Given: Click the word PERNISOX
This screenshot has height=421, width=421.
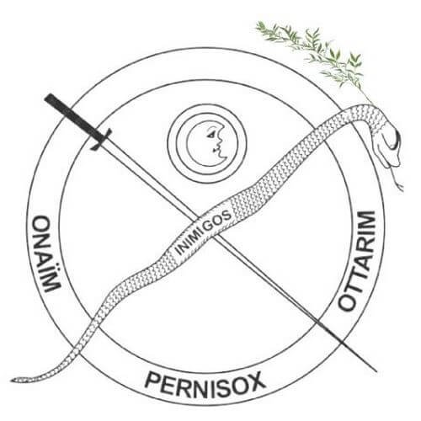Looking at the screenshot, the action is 205,384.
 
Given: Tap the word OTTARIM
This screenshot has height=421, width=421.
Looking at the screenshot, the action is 358,260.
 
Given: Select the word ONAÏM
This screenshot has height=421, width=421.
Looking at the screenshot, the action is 46,253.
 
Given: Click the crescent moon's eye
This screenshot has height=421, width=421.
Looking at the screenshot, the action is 210,134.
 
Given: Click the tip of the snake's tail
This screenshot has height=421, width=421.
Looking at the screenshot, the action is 13,381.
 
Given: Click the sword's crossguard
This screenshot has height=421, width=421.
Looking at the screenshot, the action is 101,139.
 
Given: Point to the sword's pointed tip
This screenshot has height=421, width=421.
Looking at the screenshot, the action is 376,371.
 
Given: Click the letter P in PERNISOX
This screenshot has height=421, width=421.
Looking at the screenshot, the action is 152,381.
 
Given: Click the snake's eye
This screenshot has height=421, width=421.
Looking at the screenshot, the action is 397,141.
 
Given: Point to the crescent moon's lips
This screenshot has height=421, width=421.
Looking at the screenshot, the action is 216,149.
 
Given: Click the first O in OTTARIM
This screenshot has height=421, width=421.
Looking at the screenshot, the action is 349,301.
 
